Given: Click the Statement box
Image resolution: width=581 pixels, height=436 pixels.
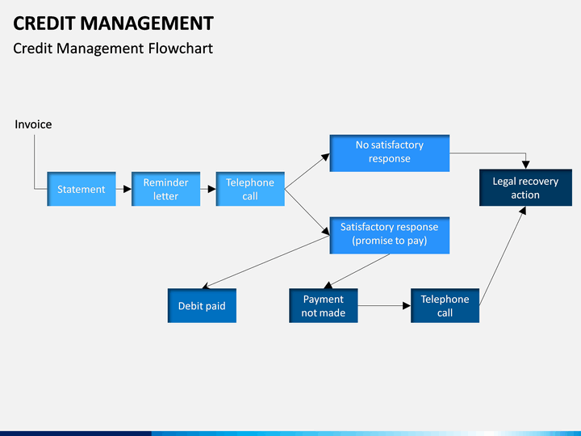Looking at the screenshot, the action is coord(82,189).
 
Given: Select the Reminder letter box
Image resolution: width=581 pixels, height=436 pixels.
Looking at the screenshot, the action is coord(165,189).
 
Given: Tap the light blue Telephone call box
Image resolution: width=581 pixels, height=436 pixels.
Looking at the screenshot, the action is coord(250,189).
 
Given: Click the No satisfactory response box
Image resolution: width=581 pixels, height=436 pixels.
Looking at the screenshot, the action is coord(390,153).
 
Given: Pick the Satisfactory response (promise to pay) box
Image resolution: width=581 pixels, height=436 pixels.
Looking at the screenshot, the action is coord(390,236).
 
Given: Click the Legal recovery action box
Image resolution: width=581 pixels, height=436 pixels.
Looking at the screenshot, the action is coord(525,187).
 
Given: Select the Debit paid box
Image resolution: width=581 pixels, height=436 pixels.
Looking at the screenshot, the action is coord(202,305).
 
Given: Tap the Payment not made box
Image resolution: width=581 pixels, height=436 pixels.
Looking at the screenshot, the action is coord(323,305).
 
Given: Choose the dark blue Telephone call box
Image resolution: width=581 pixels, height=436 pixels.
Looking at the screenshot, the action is coord(445,305).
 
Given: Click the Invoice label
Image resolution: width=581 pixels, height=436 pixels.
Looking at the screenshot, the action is coord(33,124).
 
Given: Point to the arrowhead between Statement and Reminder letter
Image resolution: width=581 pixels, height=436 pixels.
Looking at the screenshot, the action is coord(127,189).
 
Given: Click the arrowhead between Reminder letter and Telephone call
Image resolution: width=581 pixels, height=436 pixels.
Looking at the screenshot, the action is coord(212,189).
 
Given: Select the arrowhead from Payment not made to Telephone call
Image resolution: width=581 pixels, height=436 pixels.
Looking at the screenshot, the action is coord(407,305).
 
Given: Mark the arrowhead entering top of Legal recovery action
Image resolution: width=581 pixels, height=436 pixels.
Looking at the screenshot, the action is coord(525,165).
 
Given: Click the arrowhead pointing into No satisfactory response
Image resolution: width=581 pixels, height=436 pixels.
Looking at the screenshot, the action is coord(326,157).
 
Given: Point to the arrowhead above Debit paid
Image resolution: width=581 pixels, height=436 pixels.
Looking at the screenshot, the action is coord(206,286).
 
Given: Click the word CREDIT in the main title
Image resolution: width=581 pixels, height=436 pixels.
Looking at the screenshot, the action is coord(44,23).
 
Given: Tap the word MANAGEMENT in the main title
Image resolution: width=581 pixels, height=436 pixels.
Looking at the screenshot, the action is coord(147,23).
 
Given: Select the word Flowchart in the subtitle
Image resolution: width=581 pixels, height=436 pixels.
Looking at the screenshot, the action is coord(181,48).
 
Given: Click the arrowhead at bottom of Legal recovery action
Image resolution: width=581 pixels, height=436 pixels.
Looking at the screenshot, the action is coord(522,211).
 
